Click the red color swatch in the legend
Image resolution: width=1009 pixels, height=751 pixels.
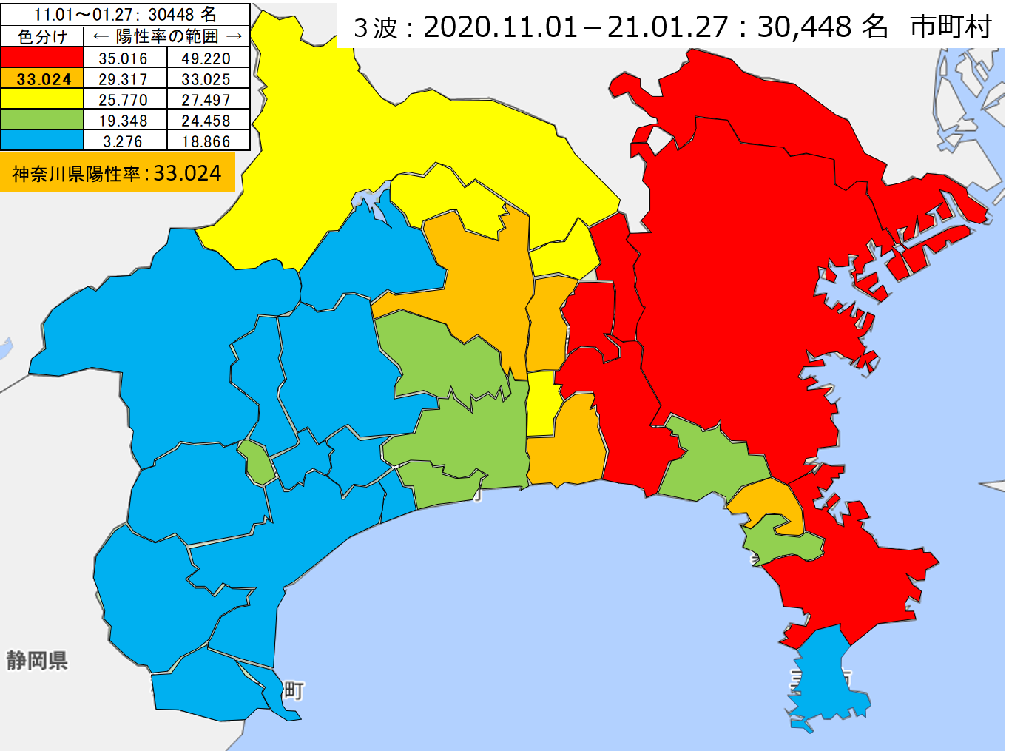coord(42,58)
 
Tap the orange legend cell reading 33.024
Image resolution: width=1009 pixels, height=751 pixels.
coord(43,79)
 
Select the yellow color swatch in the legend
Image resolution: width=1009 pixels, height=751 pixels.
coord(42,99)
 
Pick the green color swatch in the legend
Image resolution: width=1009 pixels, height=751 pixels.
coord(42,120)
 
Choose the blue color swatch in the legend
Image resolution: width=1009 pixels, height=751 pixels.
coord(42,141)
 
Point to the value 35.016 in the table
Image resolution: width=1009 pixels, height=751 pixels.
coord(123,58)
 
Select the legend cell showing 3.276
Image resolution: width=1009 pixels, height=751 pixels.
coord(123,141)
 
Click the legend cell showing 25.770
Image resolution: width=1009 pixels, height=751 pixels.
coord(123,100)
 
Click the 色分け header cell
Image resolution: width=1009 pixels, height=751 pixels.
coord(42,36)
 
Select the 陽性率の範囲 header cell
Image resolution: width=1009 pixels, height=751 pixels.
coord(167,36)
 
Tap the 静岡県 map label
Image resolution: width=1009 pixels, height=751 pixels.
coord(37,660)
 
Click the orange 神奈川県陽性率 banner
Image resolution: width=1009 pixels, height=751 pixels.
coord(117,173)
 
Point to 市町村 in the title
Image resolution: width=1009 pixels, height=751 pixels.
coord(951,27)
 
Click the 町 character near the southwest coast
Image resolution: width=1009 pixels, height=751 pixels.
coord(294,691)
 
